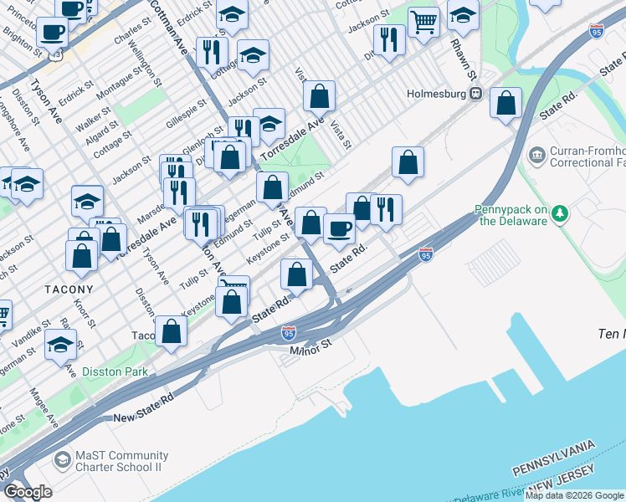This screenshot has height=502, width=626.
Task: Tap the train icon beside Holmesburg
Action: coord(475,94)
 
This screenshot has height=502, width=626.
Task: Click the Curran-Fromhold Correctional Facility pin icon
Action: coord(536,156)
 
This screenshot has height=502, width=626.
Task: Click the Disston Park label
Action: coord(115,371)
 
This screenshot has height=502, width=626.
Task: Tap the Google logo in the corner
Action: coord(28,491)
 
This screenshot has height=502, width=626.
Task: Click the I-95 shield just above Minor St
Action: coord(288,331)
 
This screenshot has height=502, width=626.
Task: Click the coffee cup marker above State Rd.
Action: coord(339,228)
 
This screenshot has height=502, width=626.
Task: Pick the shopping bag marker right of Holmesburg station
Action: coord(506,104)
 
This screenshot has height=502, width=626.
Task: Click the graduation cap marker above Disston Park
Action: coord(61,344)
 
